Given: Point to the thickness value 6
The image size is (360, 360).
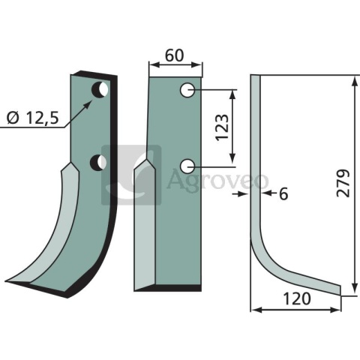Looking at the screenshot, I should coord(283,194).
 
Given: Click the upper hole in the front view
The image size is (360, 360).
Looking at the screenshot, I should coord(187,91).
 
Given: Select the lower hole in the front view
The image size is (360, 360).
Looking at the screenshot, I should coord(187,165).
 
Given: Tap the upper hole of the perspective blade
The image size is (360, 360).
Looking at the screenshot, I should coord(99,91).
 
